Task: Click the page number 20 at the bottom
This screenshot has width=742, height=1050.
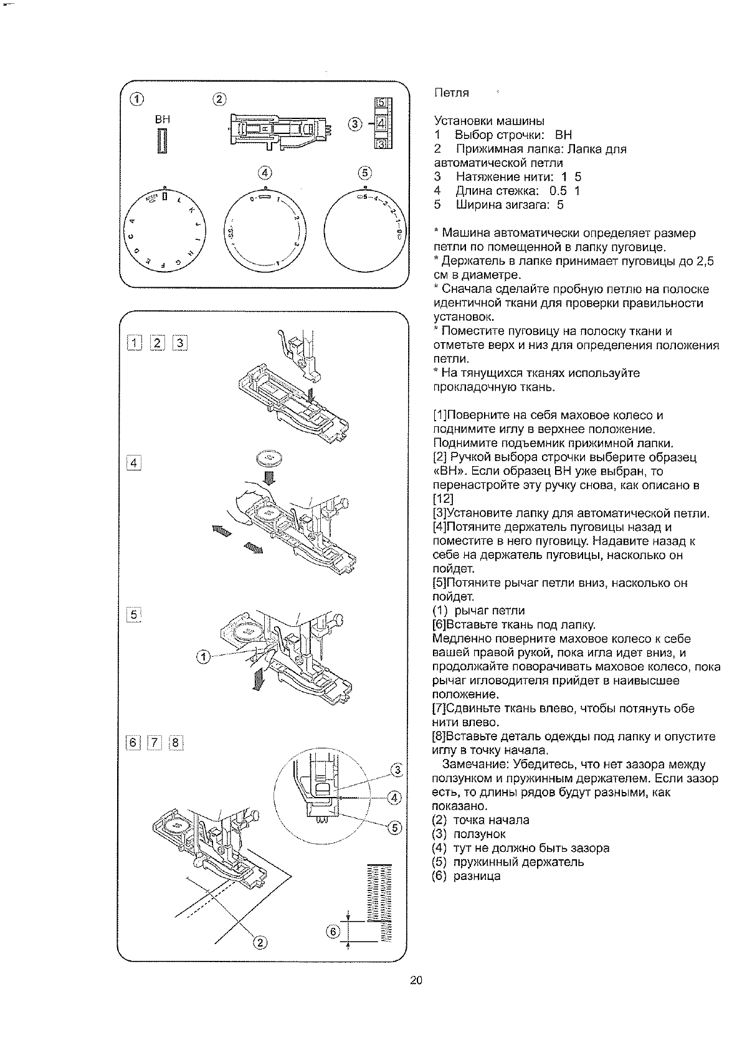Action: (x=417, y=981)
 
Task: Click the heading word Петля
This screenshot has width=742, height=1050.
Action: (x=451, y=93)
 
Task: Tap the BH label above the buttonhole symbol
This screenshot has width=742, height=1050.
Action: (x=163, y=119)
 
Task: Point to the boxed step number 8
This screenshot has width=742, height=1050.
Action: (x=176, y=742)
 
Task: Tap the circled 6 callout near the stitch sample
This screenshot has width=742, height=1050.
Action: (x=333, y=932)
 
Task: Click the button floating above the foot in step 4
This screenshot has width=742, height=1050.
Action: (x=269, y=460)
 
